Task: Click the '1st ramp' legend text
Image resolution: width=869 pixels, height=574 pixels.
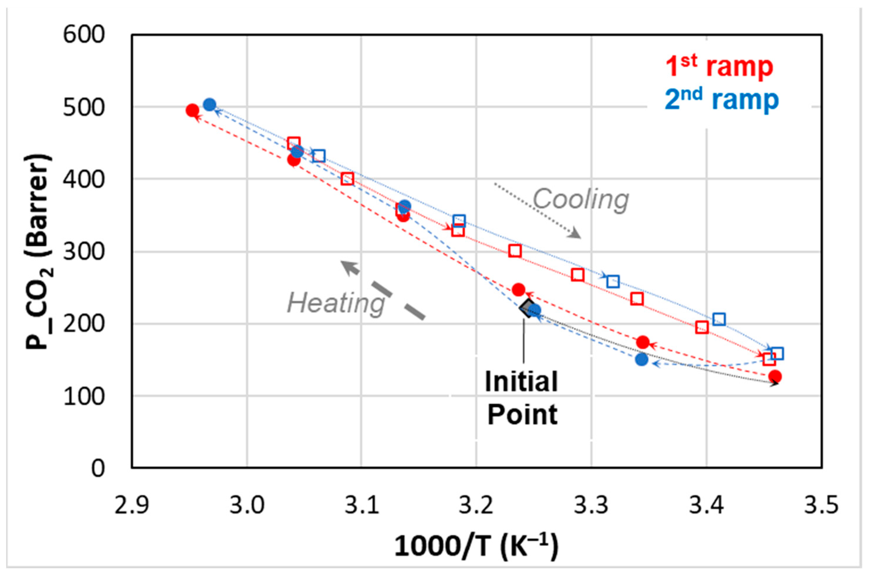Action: (x=719, y=67)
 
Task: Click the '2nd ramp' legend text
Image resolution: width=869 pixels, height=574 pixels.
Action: (x=721, y=100)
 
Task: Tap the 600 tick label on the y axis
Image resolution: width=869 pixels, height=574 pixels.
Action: (x=84, y=36)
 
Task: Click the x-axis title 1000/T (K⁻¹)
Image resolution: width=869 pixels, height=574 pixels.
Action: (x=476, y=546)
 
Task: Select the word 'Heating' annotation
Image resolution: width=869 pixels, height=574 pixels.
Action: (x=336, y=303)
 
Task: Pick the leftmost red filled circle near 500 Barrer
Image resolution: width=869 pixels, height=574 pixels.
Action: (x=192, y=110)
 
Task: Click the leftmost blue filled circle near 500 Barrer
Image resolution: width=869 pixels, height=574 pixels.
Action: (x=210, y=105)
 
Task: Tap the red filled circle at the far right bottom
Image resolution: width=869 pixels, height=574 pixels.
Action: (x=775, y=376)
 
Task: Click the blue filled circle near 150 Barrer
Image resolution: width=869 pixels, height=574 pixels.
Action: (x=642, y=360)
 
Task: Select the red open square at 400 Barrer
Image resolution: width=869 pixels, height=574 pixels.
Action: (x=347, y=179)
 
